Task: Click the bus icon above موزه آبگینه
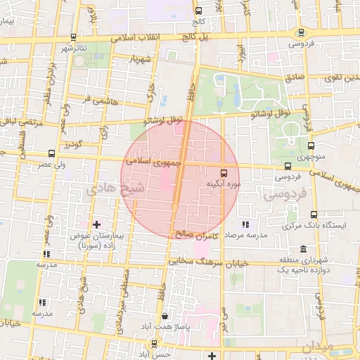[224, 172]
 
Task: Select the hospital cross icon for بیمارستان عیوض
[97, 224]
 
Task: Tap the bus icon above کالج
[198, 11]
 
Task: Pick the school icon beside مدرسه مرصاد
[245, 224]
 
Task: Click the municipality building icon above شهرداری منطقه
[303, 249]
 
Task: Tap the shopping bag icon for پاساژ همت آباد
[165, 316]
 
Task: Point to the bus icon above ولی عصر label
[51, 153]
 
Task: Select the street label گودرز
[72, 146]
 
